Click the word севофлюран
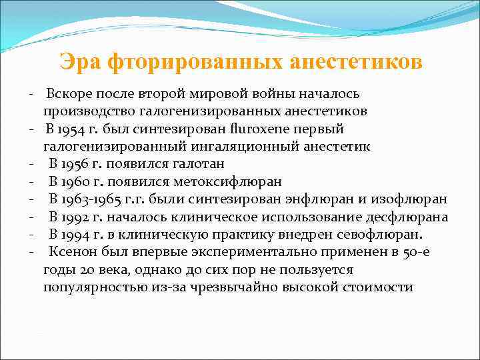[384, 235]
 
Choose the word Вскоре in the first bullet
[69, 93]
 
